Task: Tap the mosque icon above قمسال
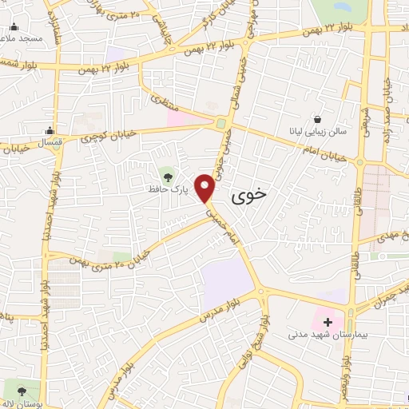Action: pos(50,131)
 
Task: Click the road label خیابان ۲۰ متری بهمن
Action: pos(121,260)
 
